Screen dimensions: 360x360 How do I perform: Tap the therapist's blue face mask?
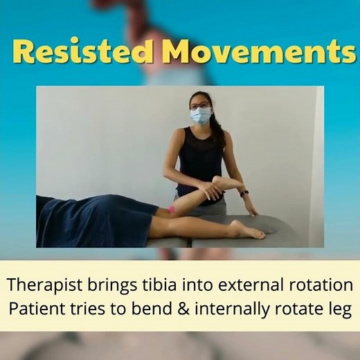[201, 116]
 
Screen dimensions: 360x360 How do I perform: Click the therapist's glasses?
[200, 105]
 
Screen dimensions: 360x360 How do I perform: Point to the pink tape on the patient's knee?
[171, 209]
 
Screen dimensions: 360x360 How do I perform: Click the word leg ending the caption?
[339, 309]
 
